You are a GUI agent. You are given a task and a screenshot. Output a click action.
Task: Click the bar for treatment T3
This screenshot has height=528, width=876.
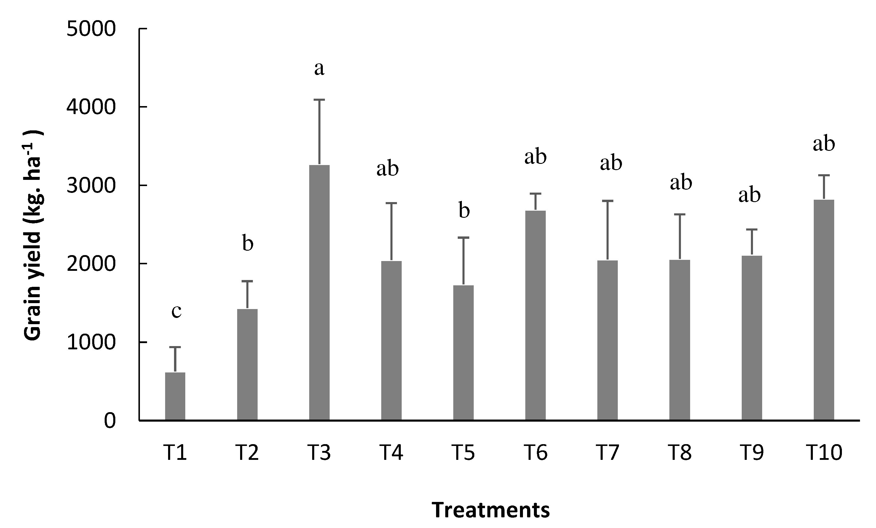(319, 292)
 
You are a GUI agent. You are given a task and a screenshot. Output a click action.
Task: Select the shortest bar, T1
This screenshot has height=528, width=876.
(175, 396)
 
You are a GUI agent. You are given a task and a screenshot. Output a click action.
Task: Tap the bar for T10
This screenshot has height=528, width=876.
(824, 310)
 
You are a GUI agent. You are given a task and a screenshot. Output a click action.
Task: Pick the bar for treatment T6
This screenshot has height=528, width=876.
(535, 316)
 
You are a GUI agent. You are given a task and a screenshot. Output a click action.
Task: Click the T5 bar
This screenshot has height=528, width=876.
(463, 353)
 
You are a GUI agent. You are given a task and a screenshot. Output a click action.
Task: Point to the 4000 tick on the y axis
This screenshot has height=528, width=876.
(91, 107)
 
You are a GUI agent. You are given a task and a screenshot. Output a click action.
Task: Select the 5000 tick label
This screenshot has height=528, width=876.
(91, 29)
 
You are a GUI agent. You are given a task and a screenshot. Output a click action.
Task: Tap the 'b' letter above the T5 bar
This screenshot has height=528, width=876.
(464, 210)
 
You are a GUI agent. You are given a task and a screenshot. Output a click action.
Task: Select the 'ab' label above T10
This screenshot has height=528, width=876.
(824, 144)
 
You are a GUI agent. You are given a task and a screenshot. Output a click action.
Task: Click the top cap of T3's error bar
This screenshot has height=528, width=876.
(319, 100)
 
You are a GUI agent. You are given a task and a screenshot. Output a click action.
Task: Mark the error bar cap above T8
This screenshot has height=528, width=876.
(679, 215)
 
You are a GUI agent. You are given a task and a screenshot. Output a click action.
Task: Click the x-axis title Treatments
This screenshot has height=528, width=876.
(491, 510)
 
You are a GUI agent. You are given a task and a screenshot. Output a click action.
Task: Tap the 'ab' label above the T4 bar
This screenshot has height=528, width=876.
(387, 169)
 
